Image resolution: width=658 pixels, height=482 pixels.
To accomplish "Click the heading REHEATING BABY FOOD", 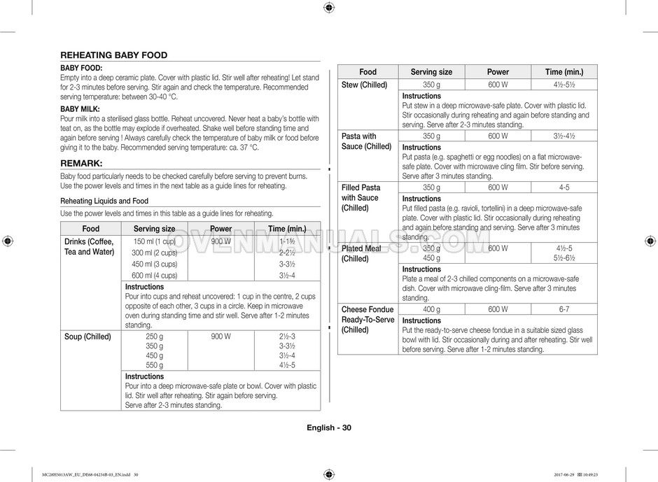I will (113, 55).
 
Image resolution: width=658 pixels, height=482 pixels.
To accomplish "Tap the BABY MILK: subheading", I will (80, 109).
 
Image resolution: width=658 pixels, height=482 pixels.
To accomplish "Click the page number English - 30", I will (328, 428).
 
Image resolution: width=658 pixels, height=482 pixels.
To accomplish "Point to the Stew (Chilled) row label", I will (364, 85).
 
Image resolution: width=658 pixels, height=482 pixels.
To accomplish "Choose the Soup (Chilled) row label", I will (87, 336).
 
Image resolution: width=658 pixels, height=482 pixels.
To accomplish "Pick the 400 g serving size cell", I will (431, 309).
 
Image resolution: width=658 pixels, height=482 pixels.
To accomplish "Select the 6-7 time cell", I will (564, 309).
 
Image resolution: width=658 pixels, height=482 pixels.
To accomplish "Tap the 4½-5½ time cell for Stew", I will (564, 85).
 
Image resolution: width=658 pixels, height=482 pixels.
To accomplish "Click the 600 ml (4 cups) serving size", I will (154, 275).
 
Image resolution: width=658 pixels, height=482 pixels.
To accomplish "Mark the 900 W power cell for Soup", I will (220, 336).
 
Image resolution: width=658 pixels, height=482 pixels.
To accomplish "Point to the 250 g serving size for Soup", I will (154, 336).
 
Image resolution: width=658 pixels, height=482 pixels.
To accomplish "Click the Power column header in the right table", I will (498, 71).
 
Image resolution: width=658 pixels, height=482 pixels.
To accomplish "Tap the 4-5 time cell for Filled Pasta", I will (564, 187).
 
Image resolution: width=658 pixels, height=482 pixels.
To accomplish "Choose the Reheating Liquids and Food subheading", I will (104, 201).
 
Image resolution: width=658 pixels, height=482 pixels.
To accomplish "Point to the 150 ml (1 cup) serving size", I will (154, 241).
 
